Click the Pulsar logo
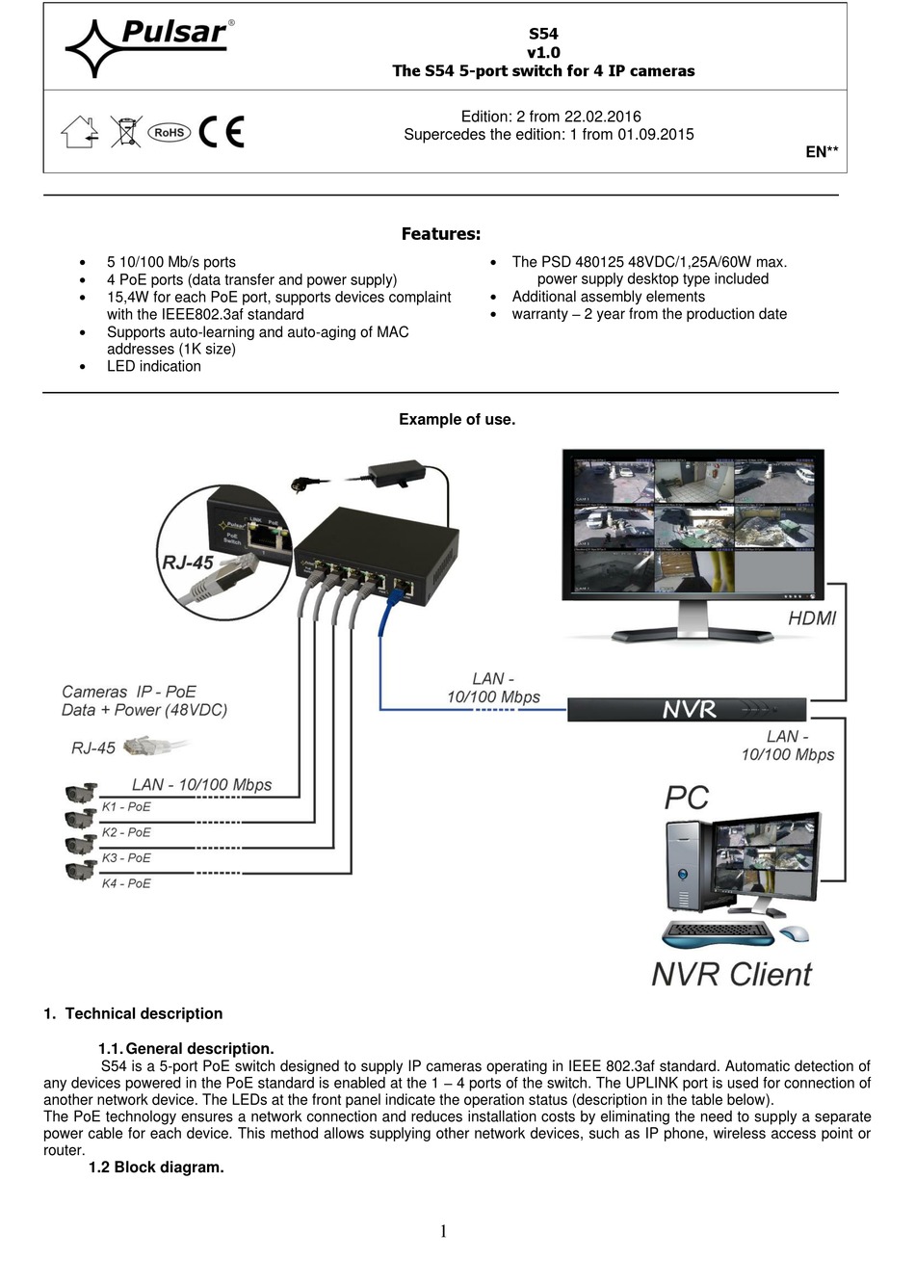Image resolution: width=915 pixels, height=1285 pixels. click(x=149, y=46)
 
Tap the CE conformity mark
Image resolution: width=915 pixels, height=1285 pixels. click(x=222, y=132)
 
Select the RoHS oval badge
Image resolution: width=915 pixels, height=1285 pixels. click(x=170, y=133)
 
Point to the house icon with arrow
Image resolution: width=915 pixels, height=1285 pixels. click(x=80, y=132)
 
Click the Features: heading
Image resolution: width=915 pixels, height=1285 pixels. click(x=440, y=234)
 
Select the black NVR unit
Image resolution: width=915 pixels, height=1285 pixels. click(x=687, y=710)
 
